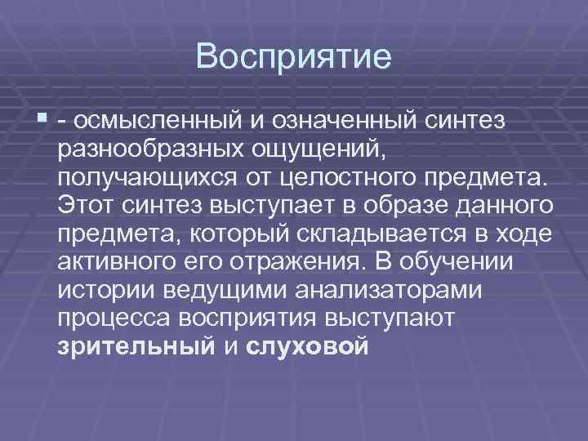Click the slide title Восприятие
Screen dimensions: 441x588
294,58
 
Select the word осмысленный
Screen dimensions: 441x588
158,122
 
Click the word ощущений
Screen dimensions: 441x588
310,150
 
